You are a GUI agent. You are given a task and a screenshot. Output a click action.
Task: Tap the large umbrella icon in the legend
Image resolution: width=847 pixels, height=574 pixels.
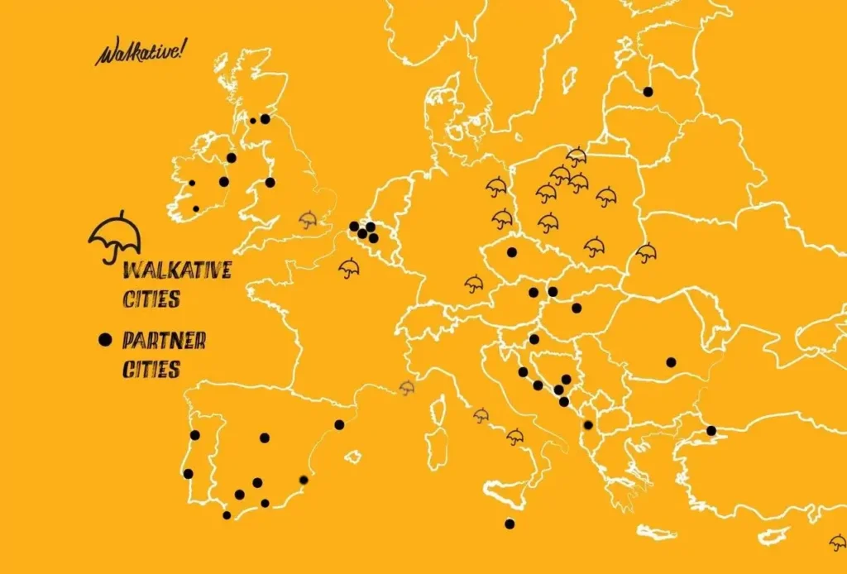coord(115,235)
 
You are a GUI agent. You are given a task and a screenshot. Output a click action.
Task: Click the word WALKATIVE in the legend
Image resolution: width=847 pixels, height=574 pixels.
coord(176,270)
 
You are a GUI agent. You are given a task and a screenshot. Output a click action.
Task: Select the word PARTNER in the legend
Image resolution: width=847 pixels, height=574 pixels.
coord(164,340)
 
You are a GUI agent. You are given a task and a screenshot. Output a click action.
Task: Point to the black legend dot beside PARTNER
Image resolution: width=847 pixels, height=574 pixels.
coord(104,339)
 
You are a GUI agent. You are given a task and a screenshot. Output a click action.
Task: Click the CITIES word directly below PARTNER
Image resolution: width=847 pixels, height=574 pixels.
coord(151,369)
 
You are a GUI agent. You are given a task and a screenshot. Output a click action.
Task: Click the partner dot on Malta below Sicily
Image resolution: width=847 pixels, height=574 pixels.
coord(510,523)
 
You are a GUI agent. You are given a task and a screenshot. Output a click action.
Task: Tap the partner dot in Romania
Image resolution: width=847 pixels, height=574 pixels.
coord(671,361)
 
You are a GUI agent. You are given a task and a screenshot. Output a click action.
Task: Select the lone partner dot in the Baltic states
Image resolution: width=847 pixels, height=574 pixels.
coord(648,92)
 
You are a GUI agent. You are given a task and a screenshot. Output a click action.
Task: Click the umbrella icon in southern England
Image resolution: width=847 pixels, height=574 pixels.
coord(308,219)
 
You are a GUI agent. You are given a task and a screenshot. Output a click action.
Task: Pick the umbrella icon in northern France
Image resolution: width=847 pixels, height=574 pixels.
coord(349,267)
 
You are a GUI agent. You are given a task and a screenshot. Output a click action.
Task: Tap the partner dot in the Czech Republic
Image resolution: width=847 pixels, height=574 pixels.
coord(512,252)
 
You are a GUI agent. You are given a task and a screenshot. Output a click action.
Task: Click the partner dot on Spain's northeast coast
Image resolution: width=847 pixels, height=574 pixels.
coord(339,425)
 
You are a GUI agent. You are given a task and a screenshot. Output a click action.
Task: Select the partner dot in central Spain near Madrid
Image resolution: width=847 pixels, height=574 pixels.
coord(265,438)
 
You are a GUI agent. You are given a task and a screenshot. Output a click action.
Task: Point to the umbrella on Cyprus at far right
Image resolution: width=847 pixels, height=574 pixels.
coord(838,542)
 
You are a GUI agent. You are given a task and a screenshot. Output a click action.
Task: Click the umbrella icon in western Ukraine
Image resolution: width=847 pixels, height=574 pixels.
coord(646,252)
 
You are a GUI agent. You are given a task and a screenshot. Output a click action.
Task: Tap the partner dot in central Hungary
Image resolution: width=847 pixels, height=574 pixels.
coord(577,309)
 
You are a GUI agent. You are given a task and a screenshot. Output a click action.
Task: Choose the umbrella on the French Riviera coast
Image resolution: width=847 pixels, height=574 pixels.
coord(407,387)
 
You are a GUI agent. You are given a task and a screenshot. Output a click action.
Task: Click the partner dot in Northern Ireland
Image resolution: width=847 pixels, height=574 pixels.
coord(232,158)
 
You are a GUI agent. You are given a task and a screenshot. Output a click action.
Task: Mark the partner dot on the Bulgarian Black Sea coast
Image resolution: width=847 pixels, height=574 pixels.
coord(711,430)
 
